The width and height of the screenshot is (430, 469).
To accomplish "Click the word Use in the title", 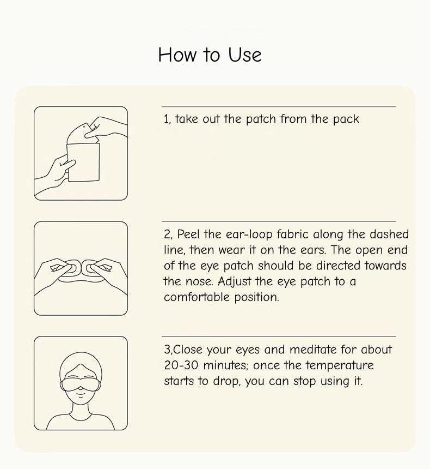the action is pos(245,55).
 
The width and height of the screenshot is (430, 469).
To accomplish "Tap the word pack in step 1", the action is pos(346,119).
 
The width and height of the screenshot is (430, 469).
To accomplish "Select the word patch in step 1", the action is pos(261,119).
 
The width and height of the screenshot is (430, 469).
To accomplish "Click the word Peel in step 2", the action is pos(188,234).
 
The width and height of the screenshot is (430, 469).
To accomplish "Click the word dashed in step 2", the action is pos(389,234).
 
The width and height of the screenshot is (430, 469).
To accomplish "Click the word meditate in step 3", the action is pos(309,350).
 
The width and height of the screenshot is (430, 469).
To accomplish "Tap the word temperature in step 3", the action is pos(340,366).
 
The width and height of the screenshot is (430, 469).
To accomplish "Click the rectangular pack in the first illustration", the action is pos(83,162).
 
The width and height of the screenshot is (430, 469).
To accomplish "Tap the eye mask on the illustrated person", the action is pos(81,384).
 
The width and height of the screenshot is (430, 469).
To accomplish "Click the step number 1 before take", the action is pos(166,119).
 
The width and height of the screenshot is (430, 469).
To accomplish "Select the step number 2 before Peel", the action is pos(167,234).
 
